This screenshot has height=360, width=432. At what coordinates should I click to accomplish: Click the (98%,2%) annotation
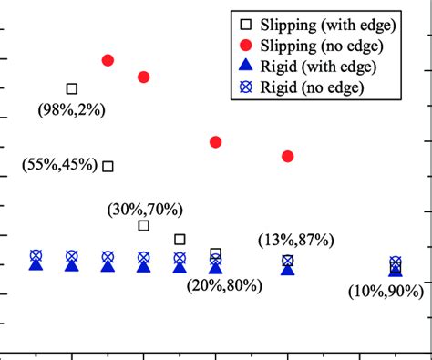point(72,109)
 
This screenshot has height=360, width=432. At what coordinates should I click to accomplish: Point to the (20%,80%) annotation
point(224,285)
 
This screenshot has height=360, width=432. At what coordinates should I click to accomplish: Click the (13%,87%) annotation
point(295,240)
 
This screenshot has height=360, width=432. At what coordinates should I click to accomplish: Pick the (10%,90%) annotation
point(386,291)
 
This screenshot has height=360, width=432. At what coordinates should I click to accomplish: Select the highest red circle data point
point(108,60)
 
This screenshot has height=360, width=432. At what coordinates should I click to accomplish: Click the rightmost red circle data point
point(288,157)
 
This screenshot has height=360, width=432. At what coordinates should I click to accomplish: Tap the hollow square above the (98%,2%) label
point(72,88)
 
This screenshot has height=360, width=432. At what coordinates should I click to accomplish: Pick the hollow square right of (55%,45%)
point(108,166)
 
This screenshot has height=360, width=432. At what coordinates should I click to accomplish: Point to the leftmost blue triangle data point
point(36,264)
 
